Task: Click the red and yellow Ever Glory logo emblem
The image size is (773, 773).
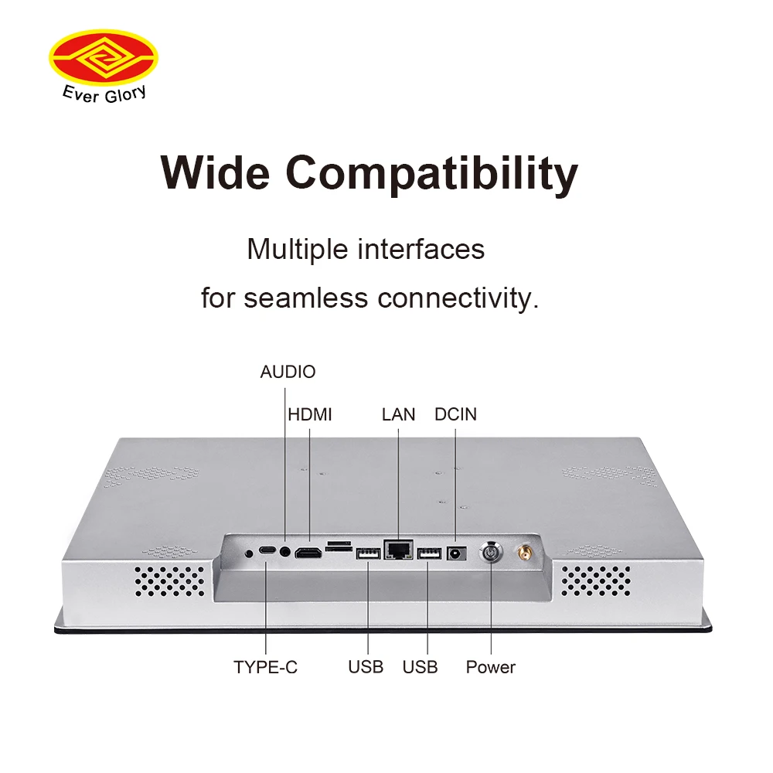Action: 104,57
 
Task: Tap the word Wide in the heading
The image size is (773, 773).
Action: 216,172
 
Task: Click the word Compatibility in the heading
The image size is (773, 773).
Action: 432,174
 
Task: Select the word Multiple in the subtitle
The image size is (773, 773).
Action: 298,249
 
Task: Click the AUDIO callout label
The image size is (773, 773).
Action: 288,372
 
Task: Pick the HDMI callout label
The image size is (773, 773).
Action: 310,414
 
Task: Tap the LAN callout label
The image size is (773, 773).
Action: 398,414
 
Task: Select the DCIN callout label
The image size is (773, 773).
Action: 455,414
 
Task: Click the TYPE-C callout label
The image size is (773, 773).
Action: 265,667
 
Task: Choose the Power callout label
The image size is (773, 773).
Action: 491,667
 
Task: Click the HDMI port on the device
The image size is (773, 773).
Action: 308,553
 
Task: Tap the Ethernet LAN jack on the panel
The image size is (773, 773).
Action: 398,549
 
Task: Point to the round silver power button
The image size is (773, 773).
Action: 491,553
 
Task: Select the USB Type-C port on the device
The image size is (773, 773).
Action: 267,550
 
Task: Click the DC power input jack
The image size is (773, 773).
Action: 456,553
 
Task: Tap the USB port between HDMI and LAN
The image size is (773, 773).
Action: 368,554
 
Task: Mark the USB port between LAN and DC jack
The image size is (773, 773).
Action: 429,553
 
